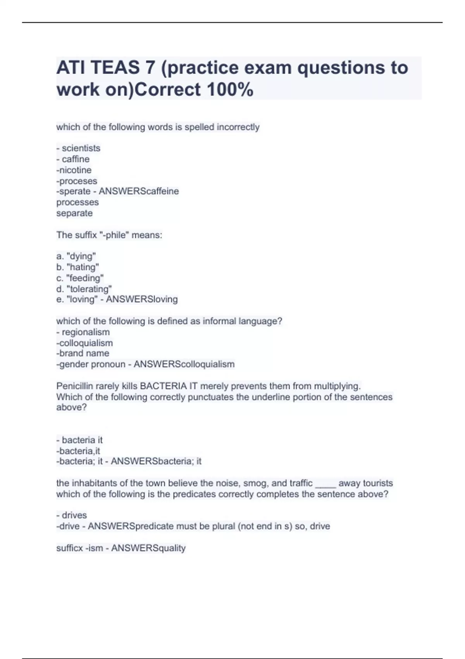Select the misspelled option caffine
(x=76, y=159)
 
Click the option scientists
(x=81, y=148)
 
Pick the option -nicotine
(x=74, y=170)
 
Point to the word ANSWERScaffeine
(x=139, y=191)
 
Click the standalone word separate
(x=74, y=213)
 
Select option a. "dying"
(x=76, y=256)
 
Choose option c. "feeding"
(x=80, y=278)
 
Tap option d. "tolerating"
(x=84, y=289)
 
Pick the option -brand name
(x=83, y=353)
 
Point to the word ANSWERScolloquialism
(x=184, y=364)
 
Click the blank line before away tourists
(x=325, y=484)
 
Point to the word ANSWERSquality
(x=148, y=548)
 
